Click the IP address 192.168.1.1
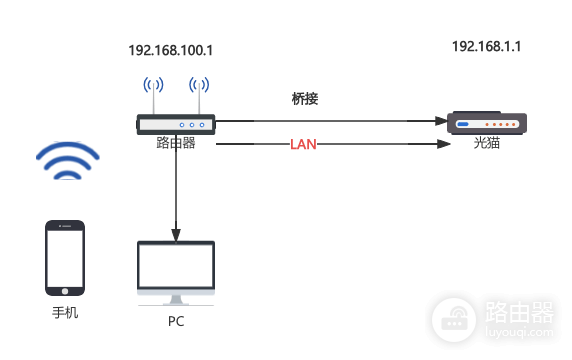coord(487,46)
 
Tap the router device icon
coord(176,124)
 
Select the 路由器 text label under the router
coord(176,144)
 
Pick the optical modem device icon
coord(487,124)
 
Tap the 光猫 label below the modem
coord(487,144)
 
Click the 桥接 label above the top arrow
coord(305,99)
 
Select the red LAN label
coord(303,145)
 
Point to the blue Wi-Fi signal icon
coord(68,161)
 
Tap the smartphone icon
coord(65,259)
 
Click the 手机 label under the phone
coord(65,312)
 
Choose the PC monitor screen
coord(176,267)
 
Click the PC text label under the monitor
coord(176,322)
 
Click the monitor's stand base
coord(176,302)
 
